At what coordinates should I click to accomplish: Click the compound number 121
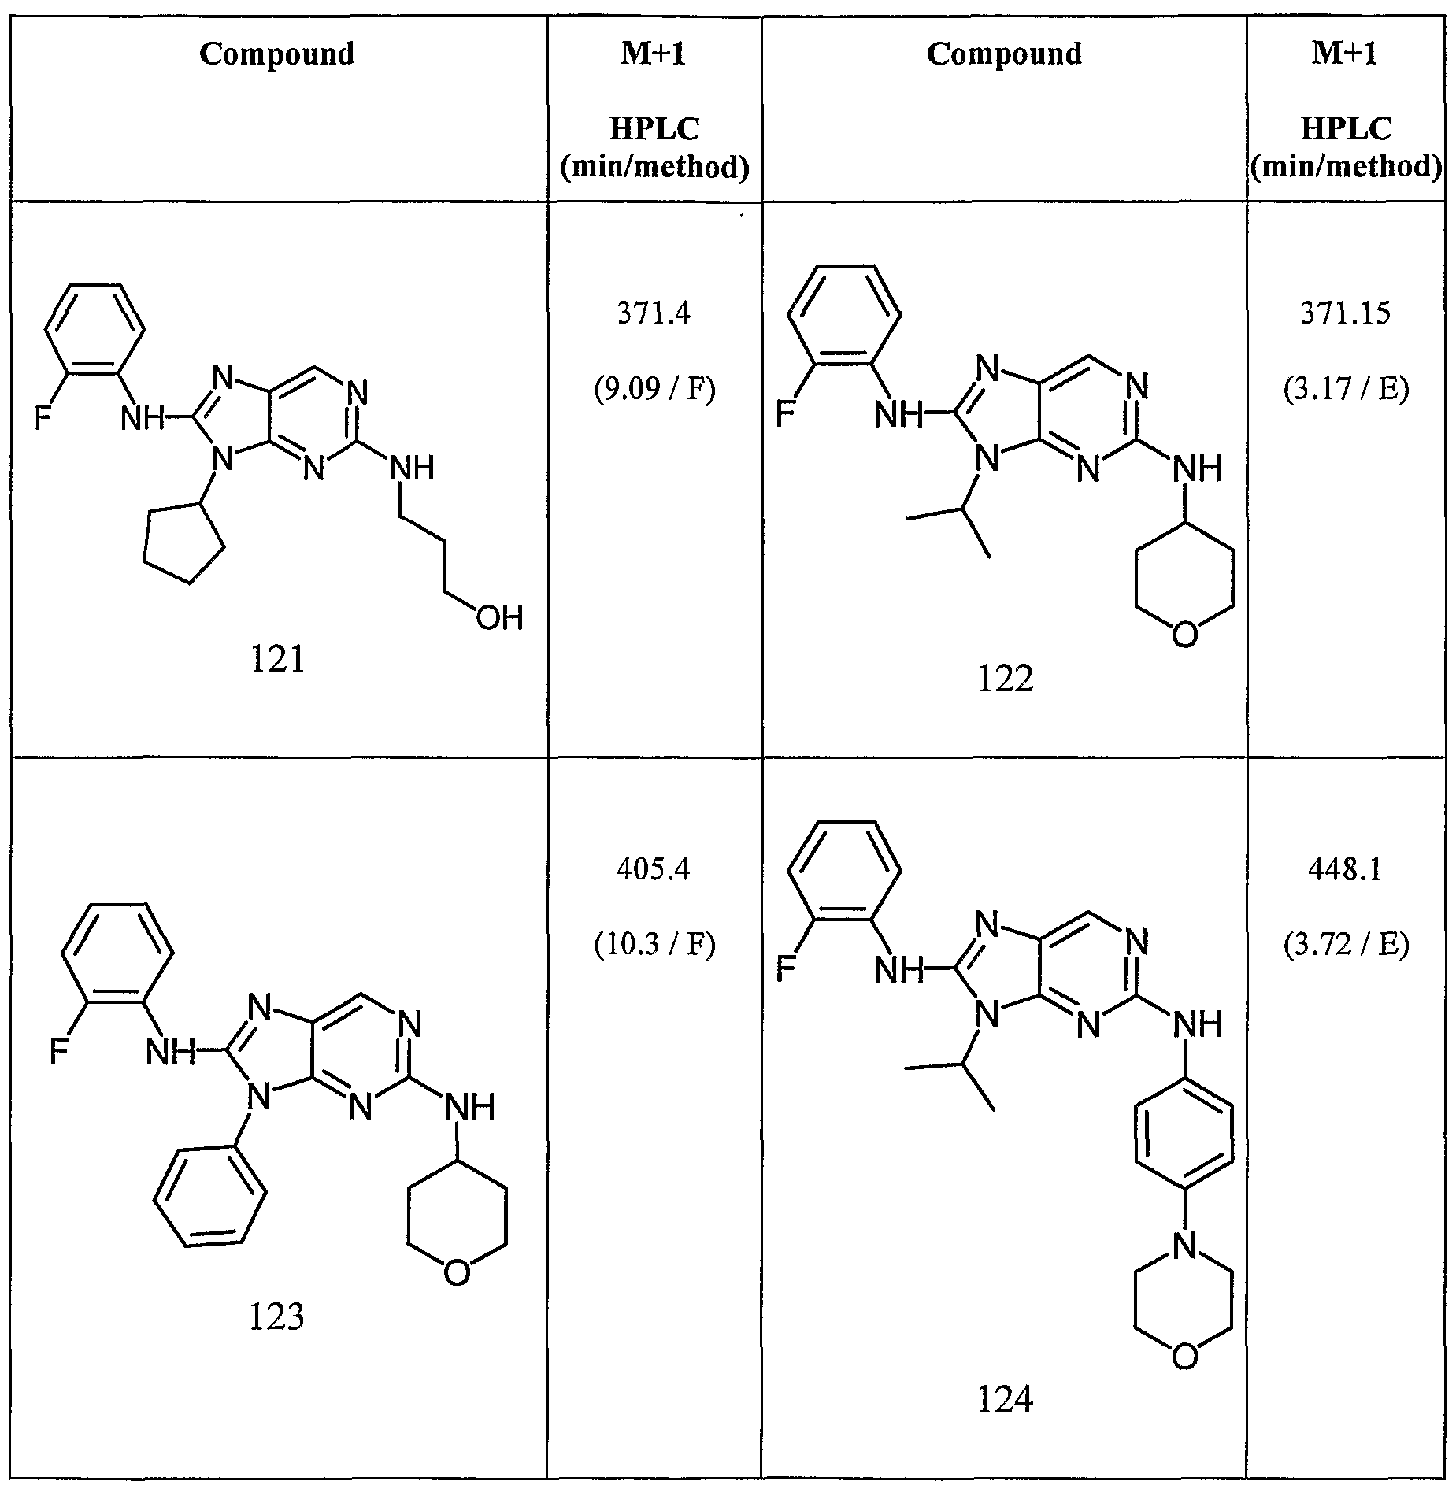(x=277, y=659)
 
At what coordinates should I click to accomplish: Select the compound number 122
(x=1005, y=678)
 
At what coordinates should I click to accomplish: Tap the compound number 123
(x=276, y=1316)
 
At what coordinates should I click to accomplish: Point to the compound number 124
(x=1005, y=1399)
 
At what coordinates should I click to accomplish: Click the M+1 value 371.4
(x=654, y=314)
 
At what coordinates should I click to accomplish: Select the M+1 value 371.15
(x=1345, y=314)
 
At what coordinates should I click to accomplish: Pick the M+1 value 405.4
(x=654, y=870)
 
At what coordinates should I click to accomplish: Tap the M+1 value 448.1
(x=1345, y=870)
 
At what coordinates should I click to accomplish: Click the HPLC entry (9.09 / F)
(x=654, y=390)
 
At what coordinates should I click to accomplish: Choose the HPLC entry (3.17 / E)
(x=1345, y=390)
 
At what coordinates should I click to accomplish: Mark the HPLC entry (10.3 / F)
(x=654, y=945)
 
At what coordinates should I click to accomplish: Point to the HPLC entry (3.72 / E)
(x=1345, y=945)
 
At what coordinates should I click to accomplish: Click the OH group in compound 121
(x=499, y=618)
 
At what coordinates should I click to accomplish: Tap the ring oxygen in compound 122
(x=1184, y=635)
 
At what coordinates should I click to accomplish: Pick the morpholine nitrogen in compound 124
(x=1184, y=1246)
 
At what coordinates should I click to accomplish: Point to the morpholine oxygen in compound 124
(x=1184, y=1357)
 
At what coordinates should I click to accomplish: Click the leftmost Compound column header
(x=277, y=54)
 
